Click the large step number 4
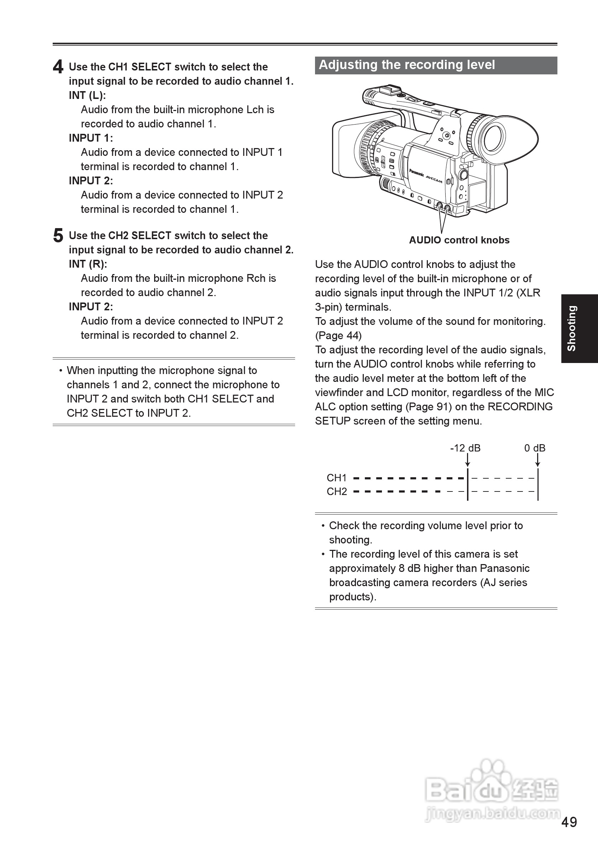coord(58,67)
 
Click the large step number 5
coord(58,236)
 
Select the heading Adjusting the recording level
coord(406,65)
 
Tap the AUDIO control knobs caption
coord(459,240)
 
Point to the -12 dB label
coord(465,448)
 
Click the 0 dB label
coord(535,448)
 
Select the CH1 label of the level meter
coord(336,478)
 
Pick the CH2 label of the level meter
coord(336,492)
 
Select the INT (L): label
coord(87,95)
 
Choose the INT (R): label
coord(88,264)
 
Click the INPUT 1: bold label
coord(91,138)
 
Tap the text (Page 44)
coord(338,335)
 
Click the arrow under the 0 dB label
coord(537,461)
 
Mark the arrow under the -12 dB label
coord(467,461)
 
